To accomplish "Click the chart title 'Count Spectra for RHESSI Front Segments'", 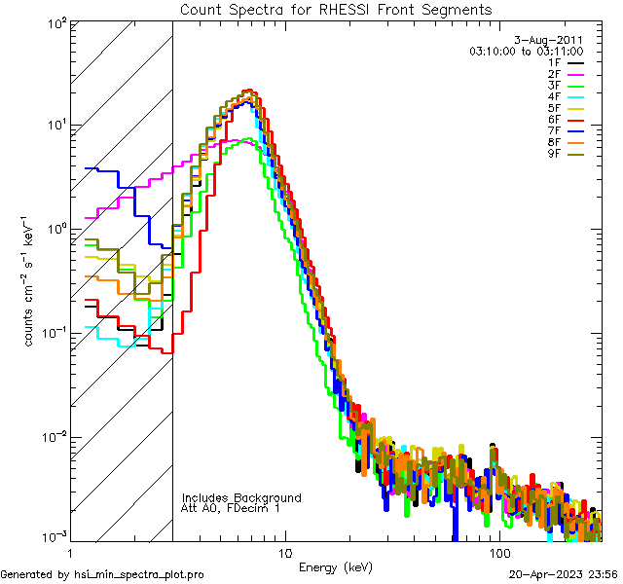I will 336,9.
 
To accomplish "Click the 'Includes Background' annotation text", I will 241,497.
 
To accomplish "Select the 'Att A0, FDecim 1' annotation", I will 231,508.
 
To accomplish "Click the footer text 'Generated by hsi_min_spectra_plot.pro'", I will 102,574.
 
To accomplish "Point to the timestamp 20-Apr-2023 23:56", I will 564,574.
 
